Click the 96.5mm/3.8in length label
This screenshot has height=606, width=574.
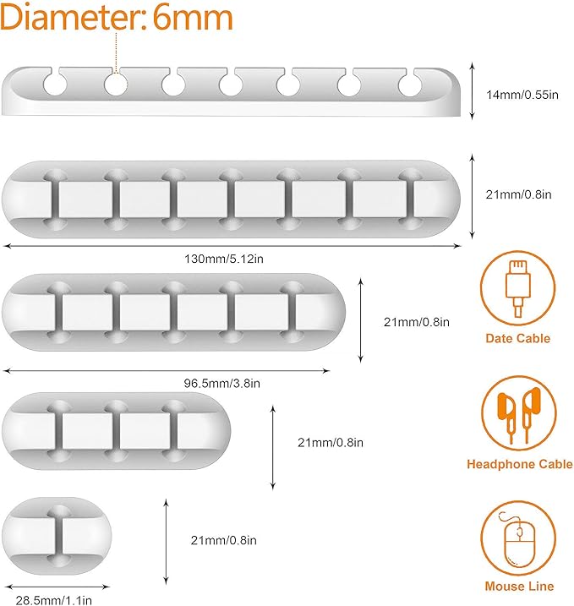pos(222,383)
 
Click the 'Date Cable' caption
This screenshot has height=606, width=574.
pos(518,338)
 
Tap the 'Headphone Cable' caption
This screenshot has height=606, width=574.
pos(519,464)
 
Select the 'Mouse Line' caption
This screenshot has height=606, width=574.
pos(519,586)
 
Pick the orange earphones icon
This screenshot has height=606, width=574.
pos(519,412)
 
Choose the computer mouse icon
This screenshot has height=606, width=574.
pos(519,538)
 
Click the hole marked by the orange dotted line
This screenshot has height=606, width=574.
pos(115,84)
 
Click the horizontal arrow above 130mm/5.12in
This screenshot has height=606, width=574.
pos(233,246)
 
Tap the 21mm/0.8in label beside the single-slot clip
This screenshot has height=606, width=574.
pos(223,540)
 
